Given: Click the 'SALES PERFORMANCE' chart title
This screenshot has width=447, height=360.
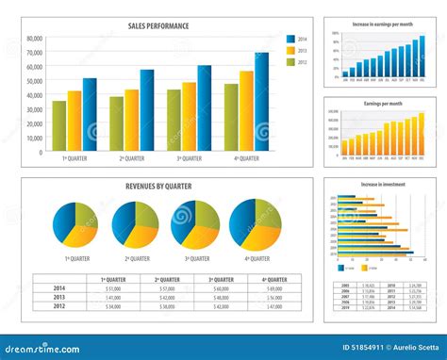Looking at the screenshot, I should pyautogui.click(x=158, y=26).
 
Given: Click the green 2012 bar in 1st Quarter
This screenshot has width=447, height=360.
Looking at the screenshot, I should pyautogui.click(x=59, y=126).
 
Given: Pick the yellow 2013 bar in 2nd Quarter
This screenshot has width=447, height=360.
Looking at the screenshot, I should pyautogui.click(x=132, y=121).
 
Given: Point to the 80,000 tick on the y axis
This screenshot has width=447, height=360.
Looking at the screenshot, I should pyautogui.click(x=34, y=39).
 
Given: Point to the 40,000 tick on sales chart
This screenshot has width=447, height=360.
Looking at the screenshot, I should pyautogui.click(x=34, y=95).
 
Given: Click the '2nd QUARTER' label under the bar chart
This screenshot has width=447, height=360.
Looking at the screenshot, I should pyautogui.click(x=131, y=158).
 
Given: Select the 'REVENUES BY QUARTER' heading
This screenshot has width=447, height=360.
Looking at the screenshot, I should pyautogui.click(x=158, y=187).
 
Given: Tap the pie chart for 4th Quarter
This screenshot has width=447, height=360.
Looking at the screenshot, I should pyautogui.click(x=255, y=222).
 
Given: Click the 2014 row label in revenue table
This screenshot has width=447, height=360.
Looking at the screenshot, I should pyautogui.click(x=59, y=288).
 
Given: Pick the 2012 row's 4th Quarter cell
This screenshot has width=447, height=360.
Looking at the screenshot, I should pyautogui.click(x=274, y=306).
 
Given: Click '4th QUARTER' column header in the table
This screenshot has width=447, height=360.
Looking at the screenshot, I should pyautogui.click(x=274, y=280).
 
